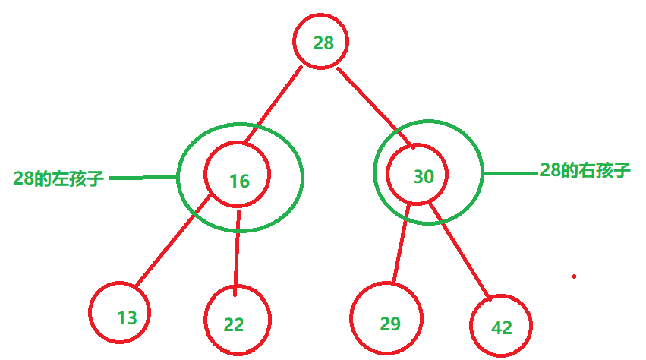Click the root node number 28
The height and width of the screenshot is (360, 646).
point(323,43)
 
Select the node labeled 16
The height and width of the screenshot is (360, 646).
point(238,181)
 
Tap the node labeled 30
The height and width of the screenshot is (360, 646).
point(423,176)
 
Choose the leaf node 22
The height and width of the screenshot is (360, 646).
point(234,324)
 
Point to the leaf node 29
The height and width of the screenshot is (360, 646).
point(389,324)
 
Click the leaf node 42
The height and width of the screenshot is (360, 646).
point(501,327)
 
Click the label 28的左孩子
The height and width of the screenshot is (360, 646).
point(58,179)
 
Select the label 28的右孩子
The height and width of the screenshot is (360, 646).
point(585,170)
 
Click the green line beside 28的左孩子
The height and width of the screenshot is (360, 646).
point(143,178)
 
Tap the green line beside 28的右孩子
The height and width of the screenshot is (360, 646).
point(510,173)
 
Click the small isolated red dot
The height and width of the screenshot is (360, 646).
point(574,276)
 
